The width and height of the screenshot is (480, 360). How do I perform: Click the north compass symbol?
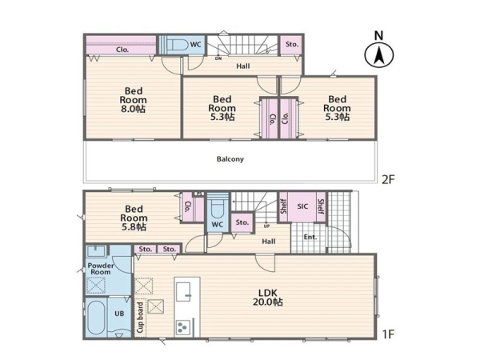378,55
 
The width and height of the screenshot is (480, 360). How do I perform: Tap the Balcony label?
230,159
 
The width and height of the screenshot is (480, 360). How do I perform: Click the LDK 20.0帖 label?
267,298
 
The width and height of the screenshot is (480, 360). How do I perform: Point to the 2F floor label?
388,179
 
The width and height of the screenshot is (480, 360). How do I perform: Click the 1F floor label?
388,334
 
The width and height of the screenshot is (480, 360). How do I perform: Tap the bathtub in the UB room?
97,317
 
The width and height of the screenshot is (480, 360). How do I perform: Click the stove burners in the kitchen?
182,327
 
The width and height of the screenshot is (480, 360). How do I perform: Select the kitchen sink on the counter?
184,292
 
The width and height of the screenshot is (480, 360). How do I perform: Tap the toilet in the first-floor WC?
217,206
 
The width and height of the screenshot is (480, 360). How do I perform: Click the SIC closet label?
302,206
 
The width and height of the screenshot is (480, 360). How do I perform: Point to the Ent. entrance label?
310,237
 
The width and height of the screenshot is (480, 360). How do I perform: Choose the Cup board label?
140,318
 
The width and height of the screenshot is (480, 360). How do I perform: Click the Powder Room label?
101,269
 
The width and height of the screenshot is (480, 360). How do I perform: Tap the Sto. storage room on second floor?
292,45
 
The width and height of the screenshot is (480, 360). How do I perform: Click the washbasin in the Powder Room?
97,251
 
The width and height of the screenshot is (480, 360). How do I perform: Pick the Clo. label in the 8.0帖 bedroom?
122,50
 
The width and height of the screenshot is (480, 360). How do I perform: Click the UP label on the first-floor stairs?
266,226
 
